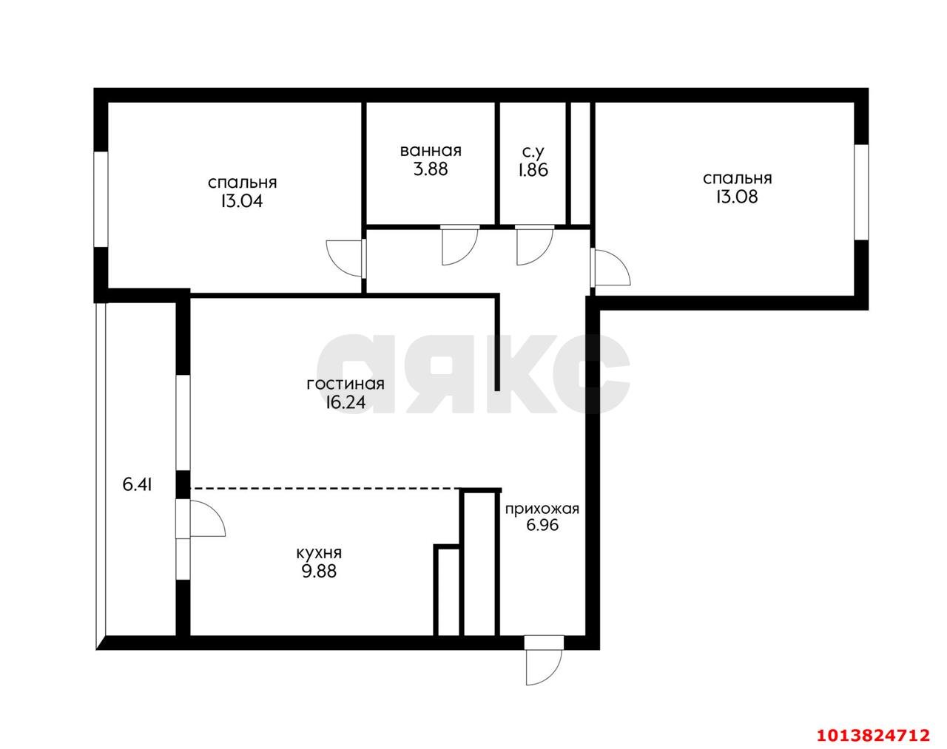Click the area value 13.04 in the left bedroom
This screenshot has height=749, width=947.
[242, 200]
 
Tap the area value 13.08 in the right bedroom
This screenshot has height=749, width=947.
[737, 197]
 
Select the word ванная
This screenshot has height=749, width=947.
[431, 151]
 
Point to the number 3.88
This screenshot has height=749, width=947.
[431, 169]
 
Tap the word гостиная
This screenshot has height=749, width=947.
[346, 384]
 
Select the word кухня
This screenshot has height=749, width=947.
[319, 552]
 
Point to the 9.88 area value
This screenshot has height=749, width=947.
[319, 571]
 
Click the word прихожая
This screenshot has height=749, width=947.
[542, 509]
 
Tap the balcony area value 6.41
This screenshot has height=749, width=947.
[138, 485]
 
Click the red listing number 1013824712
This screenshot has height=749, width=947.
[872, 735]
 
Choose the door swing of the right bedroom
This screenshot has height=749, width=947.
[611, 267]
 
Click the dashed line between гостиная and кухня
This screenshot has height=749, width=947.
[326, 489]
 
